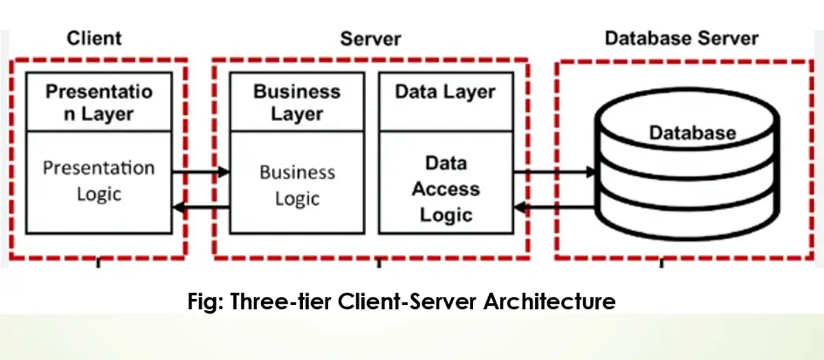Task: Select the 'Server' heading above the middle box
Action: click(x=370, y=38)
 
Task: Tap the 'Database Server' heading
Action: click(x=681, y=38)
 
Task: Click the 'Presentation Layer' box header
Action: click(x=99, y=102)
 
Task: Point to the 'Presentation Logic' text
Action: click(x=99, y=181)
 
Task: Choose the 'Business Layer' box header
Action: click(x=297, y=102)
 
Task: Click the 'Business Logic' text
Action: click(x=297, y=185)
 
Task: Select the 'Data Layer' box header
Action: click(x=445, y=93)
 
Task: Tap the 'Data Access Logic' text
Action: click(x=446, y=189)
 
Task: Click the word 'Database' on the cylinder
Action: click(x=692, y=132)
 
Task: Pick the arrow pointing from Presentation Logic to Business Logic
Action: click(x=201, y=172)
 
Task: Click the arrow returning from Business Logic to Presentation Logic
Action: click(x=201, y=206)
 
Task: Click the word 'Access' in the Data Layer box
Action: click(x=446, y=189)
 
